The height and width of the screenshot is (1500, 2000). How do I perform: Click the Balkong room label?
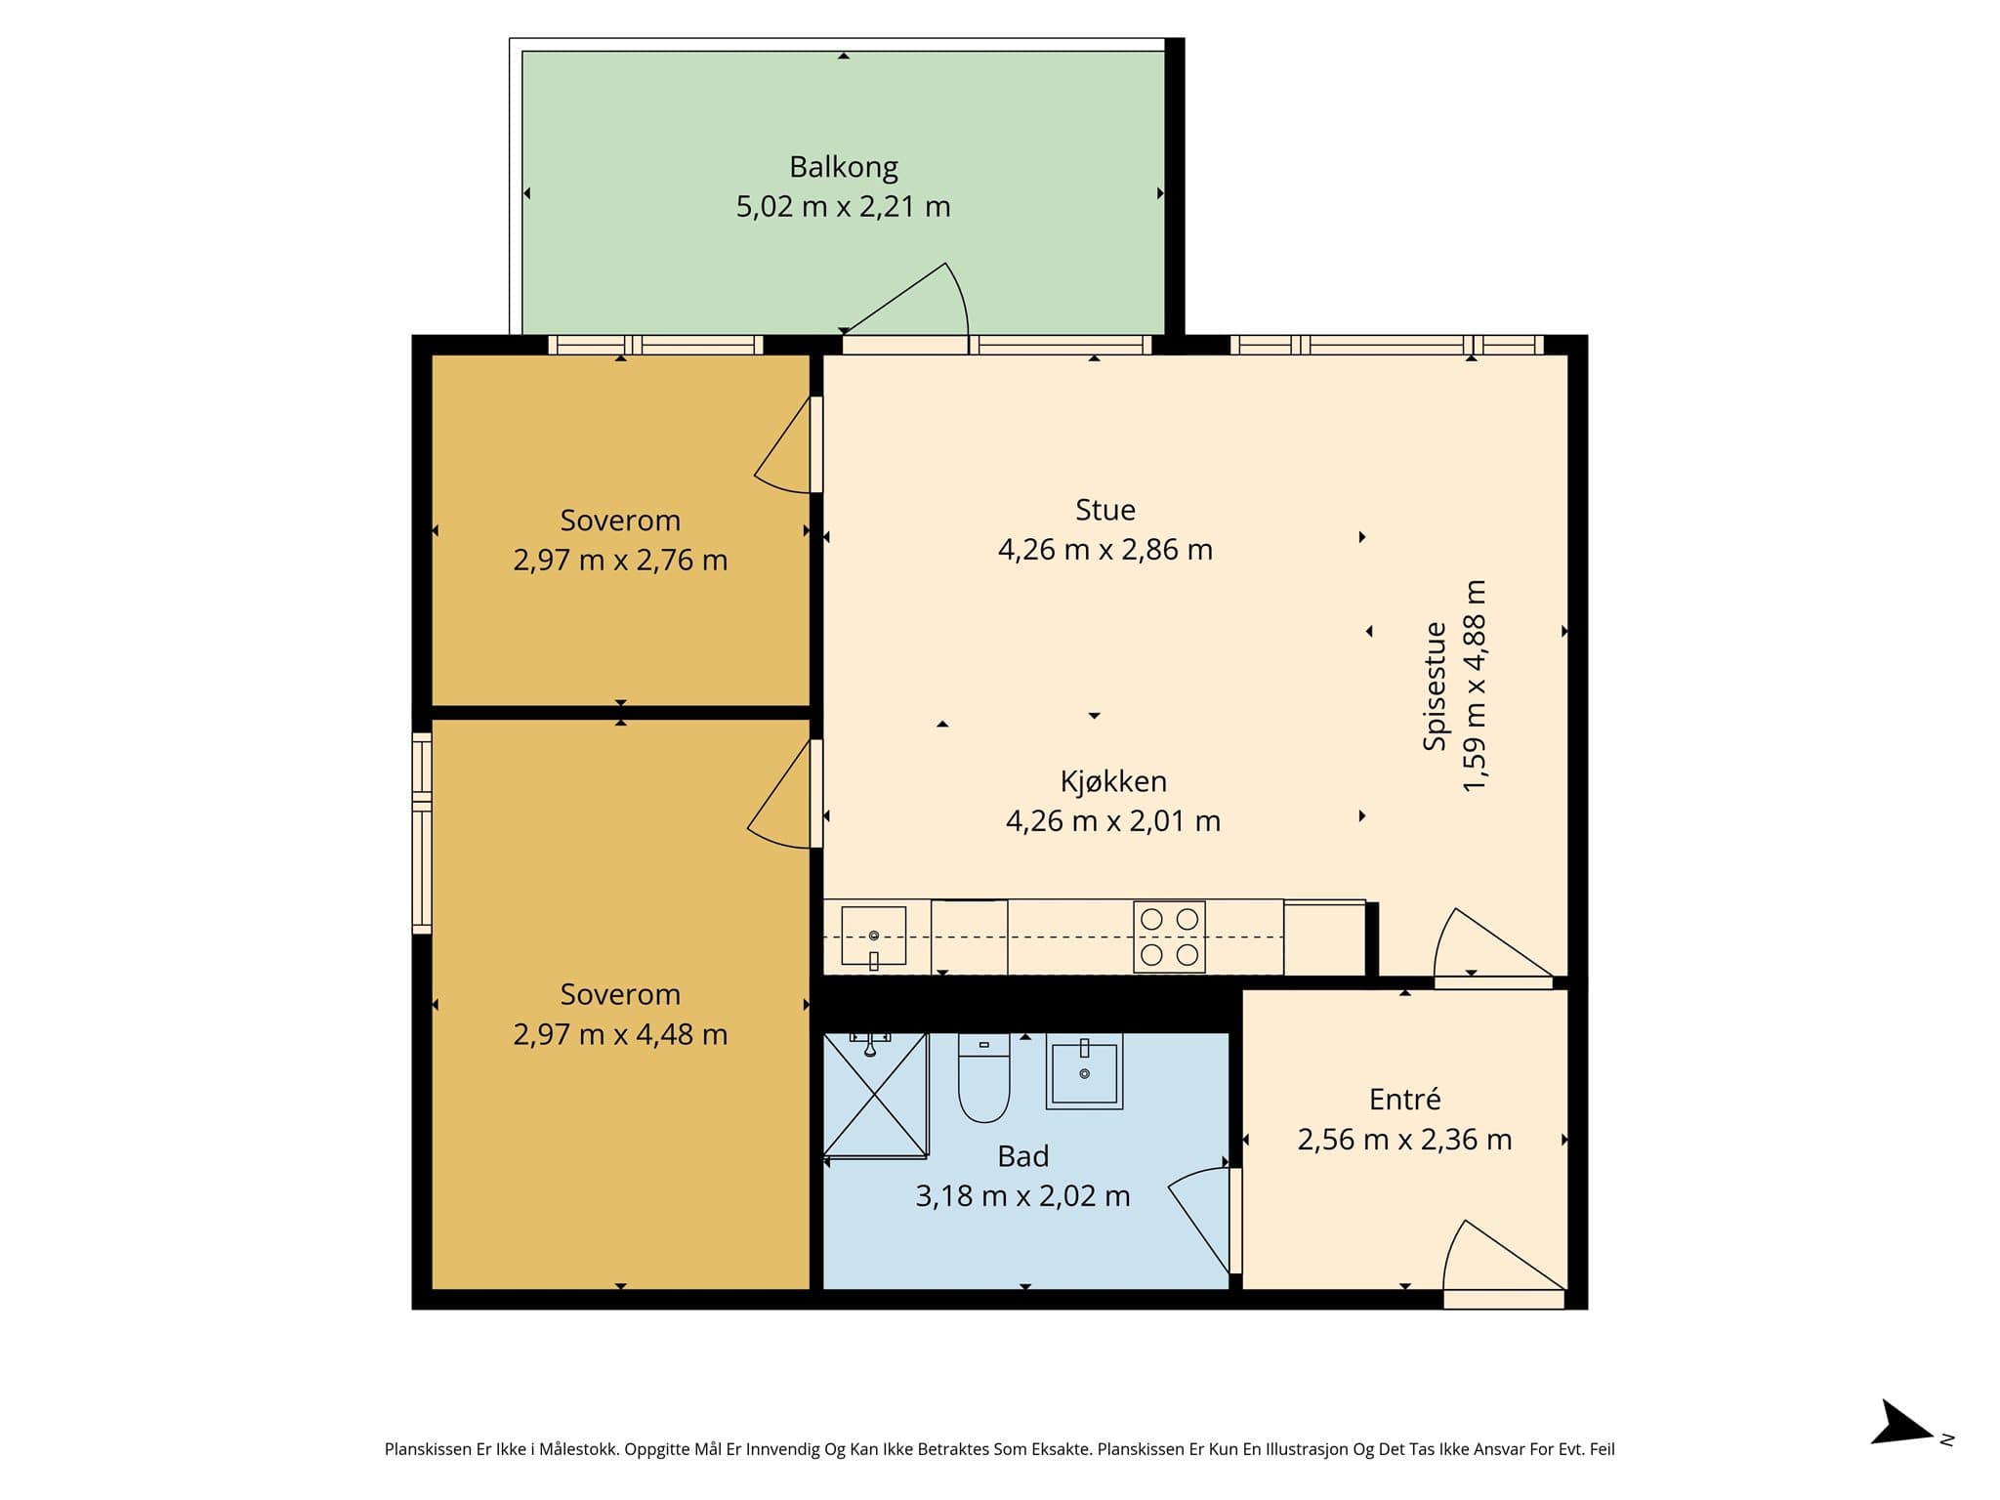click(844, 168)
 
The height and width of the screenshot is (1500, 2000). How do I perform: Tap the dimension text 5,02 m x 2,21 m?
click(844, 207)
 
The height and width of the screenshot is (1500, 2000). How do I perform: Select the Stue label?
click(1105, 510)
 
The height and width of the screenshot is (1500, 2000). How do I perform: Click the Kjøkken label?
click(1113, 781)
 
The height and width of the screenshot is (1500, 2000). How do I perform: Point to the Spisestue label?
click(1435, 686)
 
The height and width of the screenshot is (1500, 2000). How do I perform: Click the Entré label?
click(1404, 1100)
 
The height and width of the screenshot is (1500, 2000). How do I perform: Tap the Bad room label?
click(1023, 1156)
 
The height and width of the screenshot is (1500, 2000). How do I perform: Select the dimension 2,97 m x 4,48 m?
click(620, 1034)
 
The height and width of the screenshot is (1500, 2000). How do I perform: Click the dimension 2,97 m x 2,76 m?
click(620, 561)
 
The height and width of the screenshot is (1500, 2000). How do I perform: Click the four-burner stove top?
click(1169, 937)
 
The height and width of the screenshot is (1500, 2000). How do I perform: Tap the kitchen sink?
click(874, 937)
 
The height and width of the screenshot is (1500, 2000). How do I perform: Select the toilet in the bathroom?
click(983, 1077)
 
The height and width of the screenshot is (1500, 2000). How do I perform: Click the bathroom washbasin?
click(1084, 1071)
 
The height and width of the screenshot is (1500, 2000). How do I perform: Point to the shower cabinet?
click(875, 1095)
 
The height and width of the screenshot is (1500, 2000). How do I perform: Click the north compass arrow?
click(1902, 1449)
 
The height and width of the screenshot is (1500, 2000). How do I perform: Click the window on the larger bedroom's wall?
click(422, 833)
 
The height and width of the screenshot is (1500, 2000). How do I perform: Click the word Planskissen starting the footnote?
click(429, 1450)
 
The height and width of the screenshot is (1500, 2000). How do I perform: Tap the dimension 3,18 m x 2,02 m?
click(1023, 1196)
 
